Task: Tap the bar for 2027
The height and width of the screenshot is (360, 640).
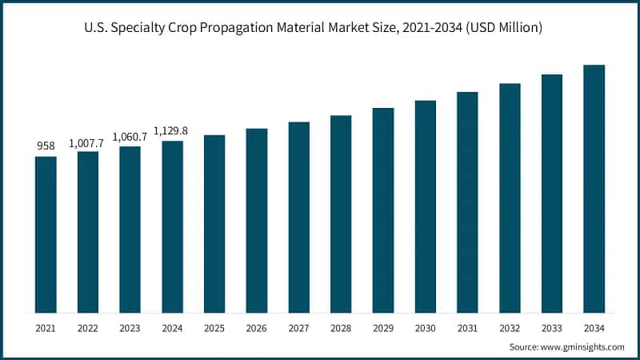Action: point(299,217)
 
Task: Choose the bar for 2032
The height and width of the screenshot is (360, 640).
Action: point(510,198)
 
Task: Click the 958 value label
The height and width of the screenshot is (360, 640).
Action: point(46,146)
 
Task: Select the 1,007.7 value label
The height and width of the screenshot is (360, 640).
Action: point(88,142)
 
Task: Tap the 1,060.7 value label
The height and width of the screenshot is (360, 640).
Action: point(130,137)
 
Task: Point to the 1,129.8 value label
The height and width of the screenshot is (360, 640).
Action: point(172,131)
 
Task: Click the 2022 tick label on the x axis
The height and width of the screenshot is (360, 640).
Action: point(88,328)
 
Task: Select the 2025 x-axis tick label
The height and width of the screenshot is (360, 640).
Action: point(214,328)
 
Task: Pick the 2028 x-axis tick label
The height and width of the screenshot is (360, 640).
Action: point(341,328)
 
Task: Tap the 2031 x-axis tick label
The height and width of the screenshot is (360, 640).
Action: point(467,328)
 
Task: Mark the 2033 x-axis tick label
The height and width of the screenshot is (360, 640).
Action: point(551,328)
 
